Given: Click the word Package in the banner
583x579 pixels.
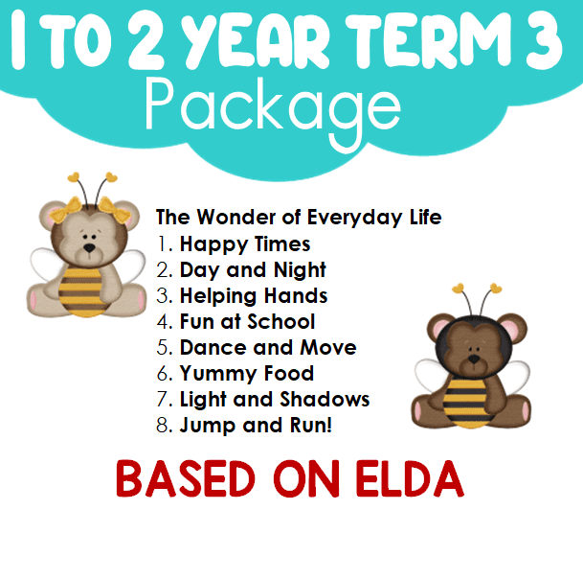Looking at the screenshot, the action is [273, 111].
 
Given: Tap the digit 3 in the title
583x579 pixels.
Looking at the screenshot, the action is [544, 40].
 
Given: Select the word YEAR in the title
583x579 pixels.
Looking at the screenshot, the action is [258, 40].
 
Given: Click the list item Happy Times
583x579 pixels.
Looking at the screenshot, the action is [245, 245].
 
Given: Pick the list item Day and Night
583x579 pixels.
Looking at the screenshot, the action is [253, 270].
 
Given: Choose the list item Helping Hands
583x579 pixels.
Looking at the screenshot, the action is [254, 296].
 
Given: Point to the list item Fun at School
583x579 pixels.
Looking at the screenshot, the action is [247, 322].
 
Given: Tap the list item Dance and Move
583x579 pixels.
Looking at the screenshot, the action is [268, 347].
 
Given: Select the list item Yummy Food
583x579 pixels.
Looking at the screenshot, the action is [247, 374].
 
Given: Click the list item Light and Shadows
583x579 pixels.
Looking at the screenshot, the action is [275, 400].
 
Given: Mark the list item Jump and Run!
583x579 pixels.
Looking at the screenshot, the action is [256, 426].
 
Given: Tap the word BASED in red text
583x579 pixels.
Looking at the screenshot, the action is [186, 479].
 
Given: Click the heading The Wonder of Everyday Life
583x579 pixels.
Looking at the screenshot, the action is [299, 218].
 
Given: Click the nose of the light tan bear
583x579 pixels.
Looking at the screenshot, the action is [89, 247].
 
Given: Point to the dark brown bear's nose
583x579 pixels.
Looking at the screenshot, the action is [474, 359].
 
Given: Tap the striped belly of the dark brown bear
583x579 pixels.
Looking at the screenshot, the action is [466, 403].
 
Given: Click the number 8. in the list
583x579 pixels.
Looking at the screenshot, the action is [165, 426].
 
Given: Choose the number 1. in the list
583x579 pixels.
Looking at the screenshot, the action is [166, 244].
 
